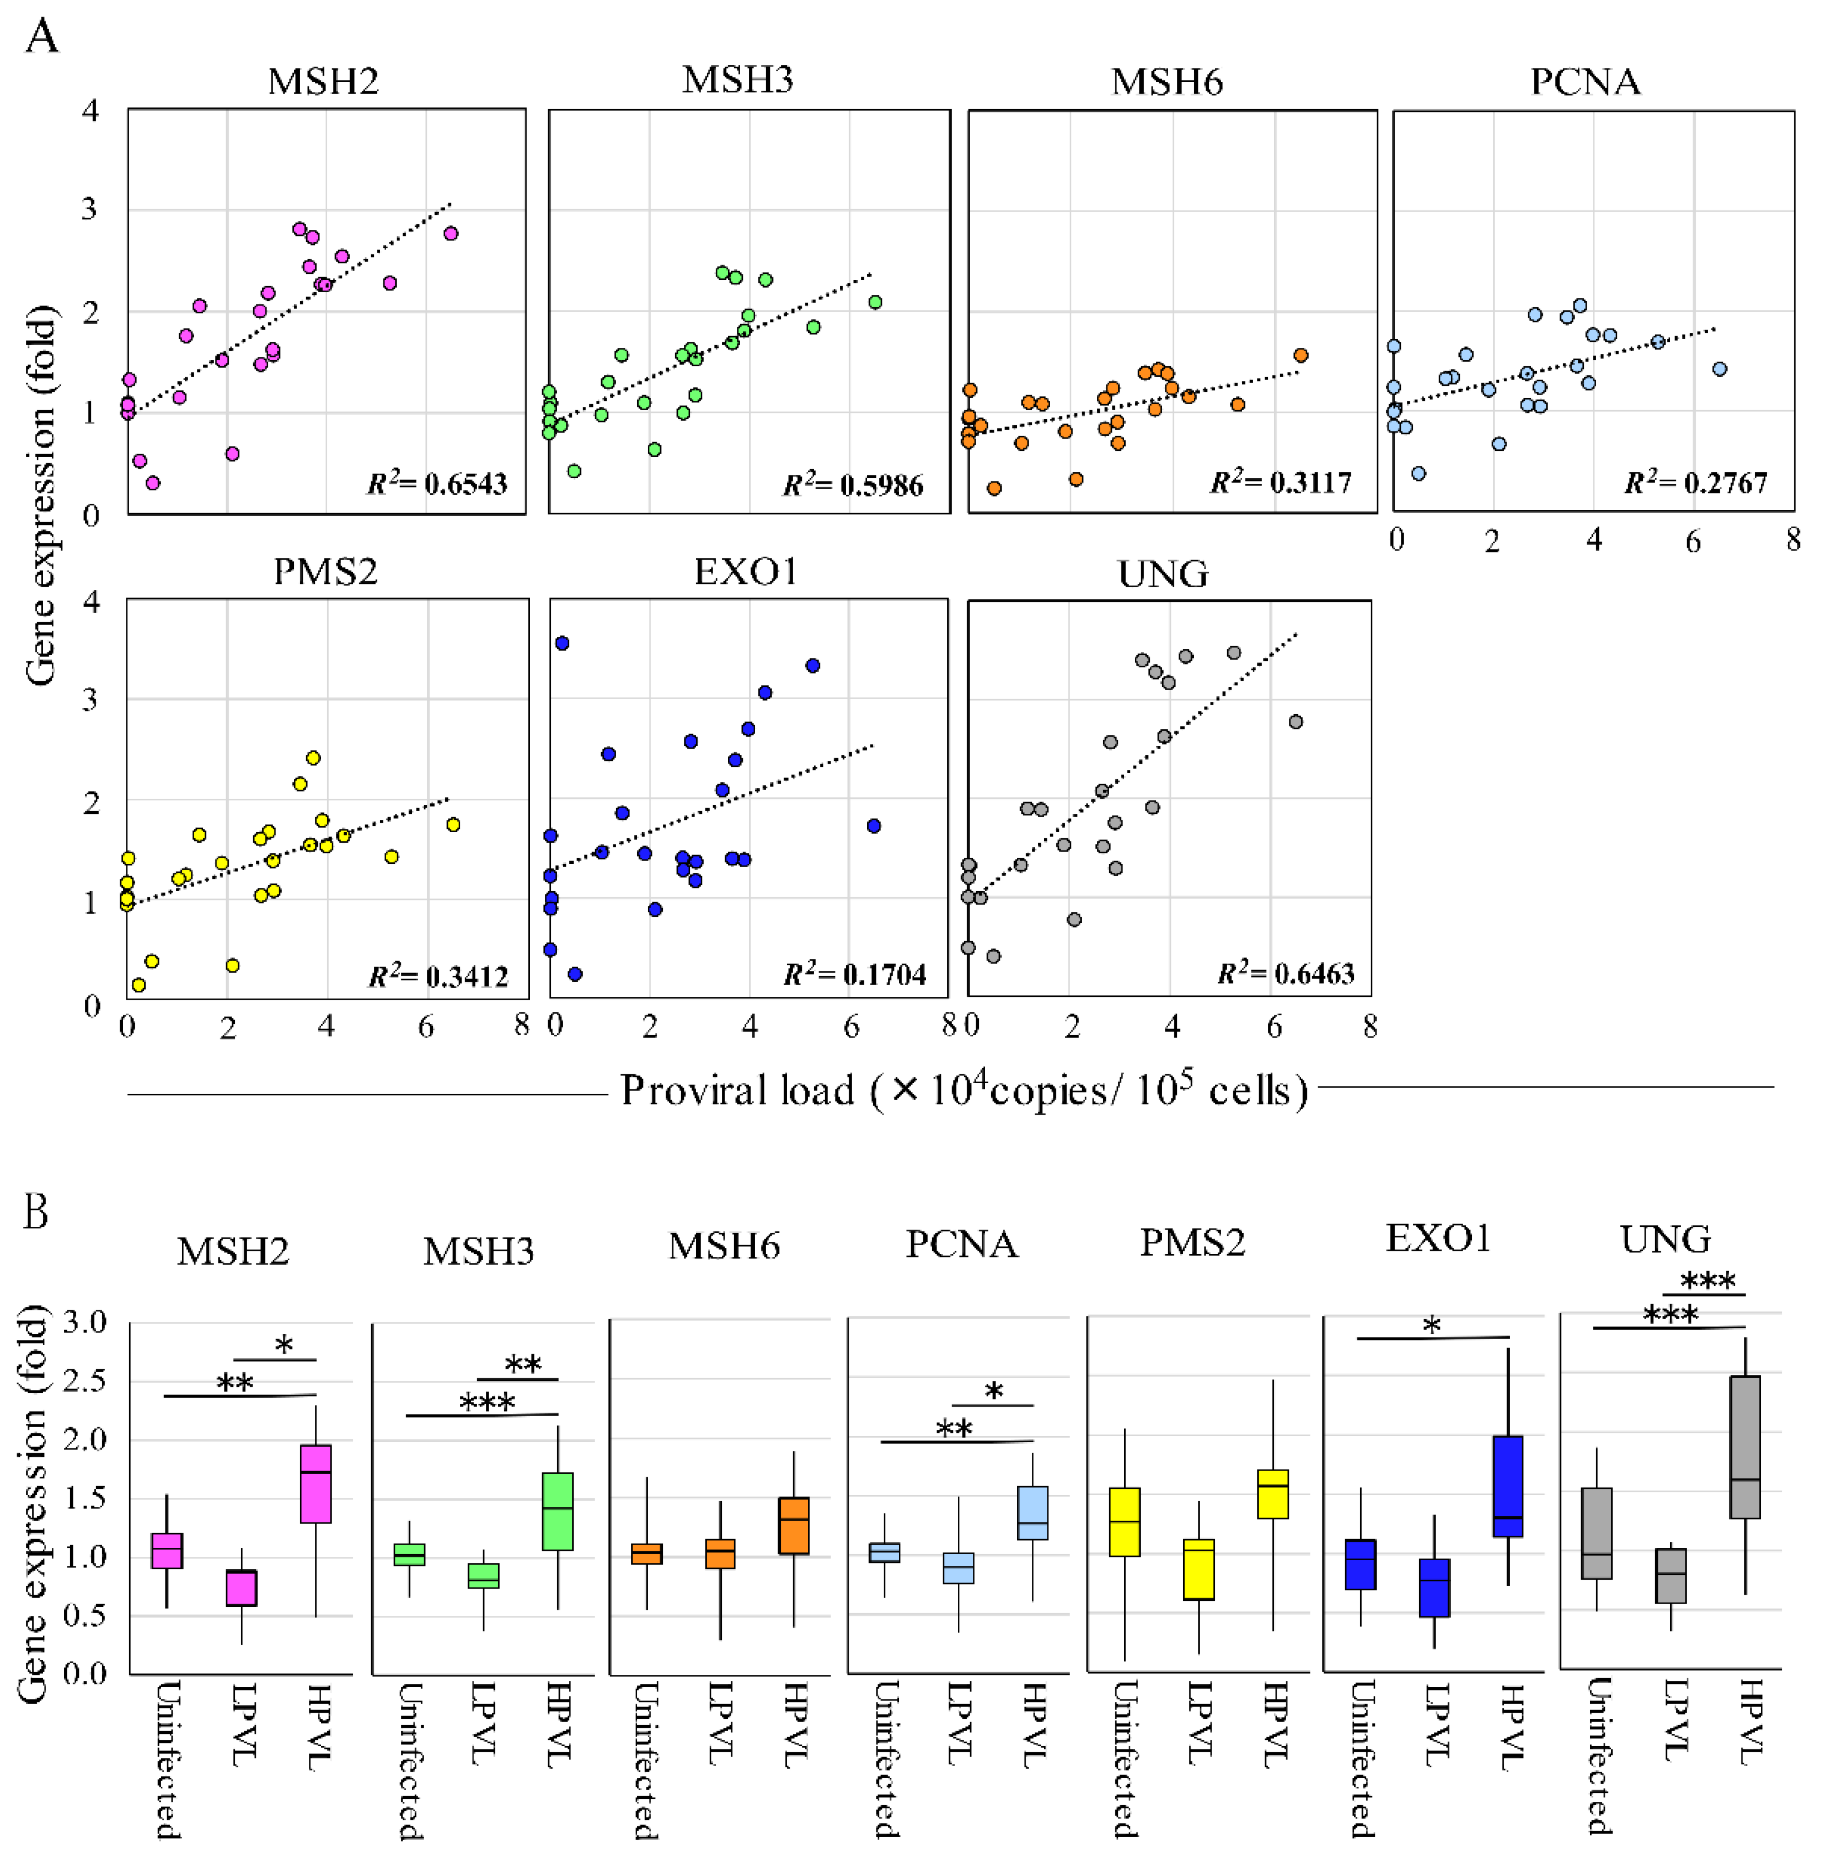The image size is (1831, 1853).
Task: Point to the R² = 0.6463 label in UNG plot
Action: click(x=1285, y=974)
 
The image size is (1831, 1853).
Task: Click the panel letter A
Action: click(x=41, y=38)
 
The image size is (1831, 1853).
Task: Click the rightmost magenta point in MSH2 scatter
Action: click(x=451, y=233)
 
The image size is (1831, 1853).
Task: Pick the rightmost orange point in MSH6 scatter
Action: click(x=1301, y=356)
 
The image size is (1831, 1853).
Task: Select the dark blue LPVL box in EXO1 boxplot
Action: click(x=1434, y=1587)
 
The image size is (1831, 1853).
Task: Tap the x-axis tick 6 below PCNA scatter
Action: click(x=1693, y=542)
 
